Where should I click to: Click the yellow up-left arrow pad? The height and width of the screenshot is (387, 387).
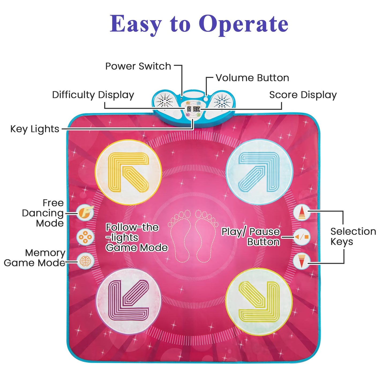[128, 172]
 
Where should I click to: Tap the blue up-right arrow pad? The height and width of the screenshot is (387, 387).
[259, 172]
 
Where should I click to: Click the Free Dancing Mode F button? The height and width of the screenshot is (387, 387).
[85, 213]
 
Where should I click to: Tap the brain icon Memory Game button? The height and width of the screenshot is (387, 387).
[85, 261]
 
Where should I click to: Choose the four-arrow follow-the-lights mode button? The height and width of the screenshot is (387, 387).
[85, 237]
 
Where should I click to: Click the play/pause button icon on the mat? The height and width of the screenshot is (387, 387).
[302, 237]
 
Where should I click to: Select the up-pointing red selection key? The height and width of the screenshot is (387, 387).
[302, 213]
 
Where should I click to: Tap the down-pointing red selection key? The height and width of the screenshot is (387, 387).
[302, 261]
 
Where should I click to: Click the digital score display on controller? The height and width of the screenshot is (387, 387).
[197, 109]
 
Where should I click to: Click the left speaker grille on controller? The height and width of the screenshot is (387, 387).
[165, 101]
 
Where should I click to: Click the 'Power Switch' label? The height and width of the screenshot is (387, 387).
[138, 66]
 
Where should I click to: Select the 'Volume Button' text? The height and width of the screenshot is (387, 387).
[252, 78]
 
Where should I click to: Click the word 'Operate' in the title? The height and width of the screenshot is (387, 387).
[243, 24]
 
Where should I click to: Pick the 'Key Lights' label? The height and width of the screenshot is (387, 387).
[35, 129]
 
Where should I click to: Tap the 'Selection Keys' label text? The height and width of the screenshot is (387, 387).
[353, 236]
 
